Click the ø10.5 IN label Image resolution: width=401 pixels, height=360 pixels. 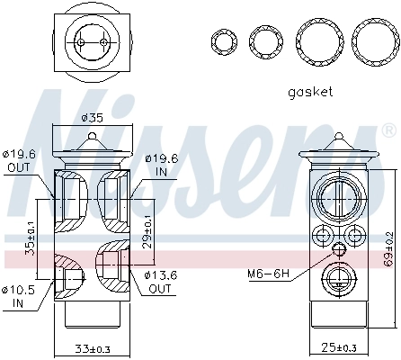click(21, 295)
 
